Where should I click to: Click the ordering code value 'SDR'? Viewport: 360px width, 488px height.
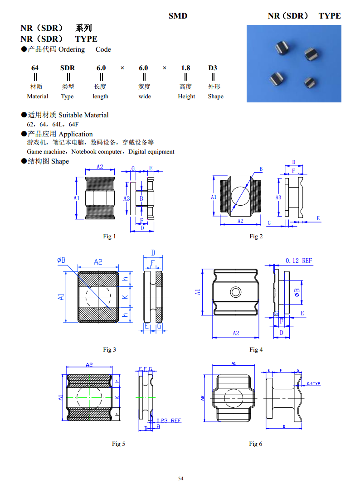point(68,68)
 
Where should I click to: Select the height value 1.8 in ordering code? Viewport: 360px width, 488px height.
point(185,68)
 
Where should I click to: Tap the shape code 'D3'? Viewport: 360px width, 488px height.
point(213,68)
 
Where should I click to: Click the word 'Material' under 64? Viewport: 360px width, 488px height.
point(38,96)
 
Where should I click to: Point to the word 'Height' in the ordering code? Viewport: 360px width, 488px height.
point(186,96)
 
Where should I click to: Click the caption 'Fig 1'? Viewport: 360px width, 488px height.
point(109,236)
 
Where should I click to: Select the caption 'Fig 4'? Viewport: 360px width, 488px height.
point(256,349)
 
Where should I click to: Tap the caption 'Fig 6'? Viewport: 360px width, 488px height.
point(255,444)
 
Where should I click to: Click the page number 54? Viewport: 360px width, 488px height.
point(180,478)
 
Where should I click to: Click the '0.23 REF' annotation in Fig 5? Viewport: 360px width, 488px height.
point(169,420)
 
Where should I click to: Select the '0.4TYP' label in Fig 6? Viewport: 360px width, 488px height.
point(313,384)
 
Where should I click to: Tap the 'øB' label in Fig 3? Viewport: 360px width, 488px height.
point(61,260)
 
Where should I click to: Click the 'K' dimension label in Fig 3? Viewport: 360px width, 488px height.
point(126,297)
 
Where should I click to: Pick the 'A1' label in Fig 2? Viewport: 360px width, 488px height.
point(214,197)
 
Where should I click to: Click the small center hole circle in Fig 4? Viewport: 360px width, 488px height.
point(235,291)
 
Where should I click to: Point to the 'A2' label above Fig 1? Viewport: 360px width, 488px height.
point(100,167)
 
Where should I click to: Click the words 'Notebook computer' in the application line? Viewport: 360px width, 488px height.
point(97,152)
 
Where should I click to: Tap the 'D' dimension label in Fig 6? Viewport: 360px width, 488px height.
point(283,426)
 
